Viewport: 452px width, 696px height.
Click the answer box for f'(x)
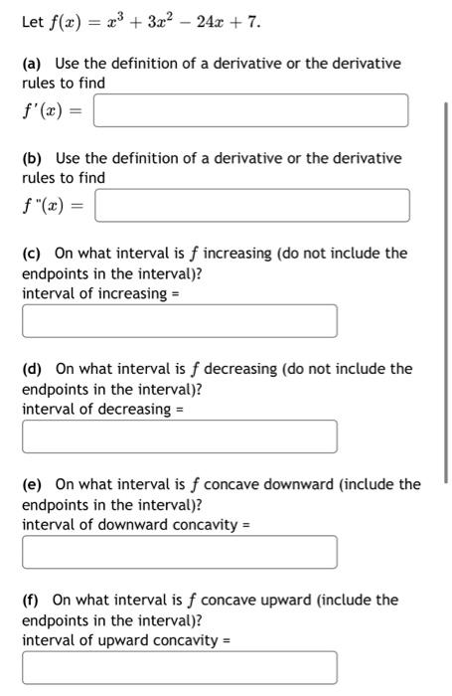tap(249, 110)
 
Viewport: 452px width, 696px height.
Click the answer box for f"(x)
tap(251, 206)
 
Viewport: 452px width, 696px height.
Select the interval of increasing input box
tap(179, 321)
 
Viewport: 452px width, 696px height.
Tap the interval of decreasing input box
tap(179, 436)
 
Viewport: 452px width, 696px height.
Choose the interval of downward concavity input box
tap(179, 552)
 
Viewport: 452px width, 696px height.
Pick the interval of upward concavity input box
tap(179, 667)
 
